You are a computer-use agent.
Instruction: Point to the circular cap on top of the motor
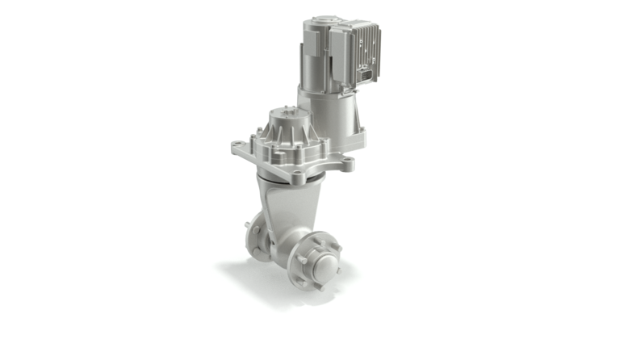pyautogui.click(x=323, y=19)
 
